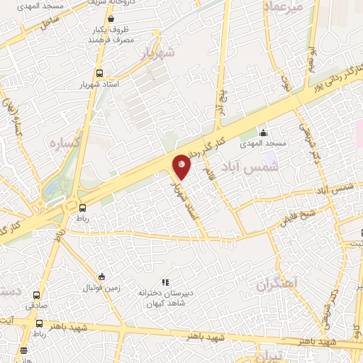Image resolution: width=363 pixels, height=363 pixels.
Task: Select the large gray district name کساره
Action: [63, 143]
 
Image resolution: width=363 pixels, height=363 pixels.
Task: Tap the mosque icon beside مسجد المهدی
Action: [264, 132]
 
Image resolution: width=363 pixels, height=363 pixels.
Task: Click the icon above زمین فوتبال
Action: [102, 277]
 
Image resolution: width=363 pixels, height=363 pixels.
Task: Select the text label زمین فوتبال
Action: [103, 289]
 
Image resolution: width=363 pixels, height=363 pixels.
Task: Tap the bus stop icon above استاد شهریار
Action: [99, 73]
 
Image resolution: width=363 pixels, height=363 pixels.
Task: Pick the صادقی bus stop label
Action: [36, 306]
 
